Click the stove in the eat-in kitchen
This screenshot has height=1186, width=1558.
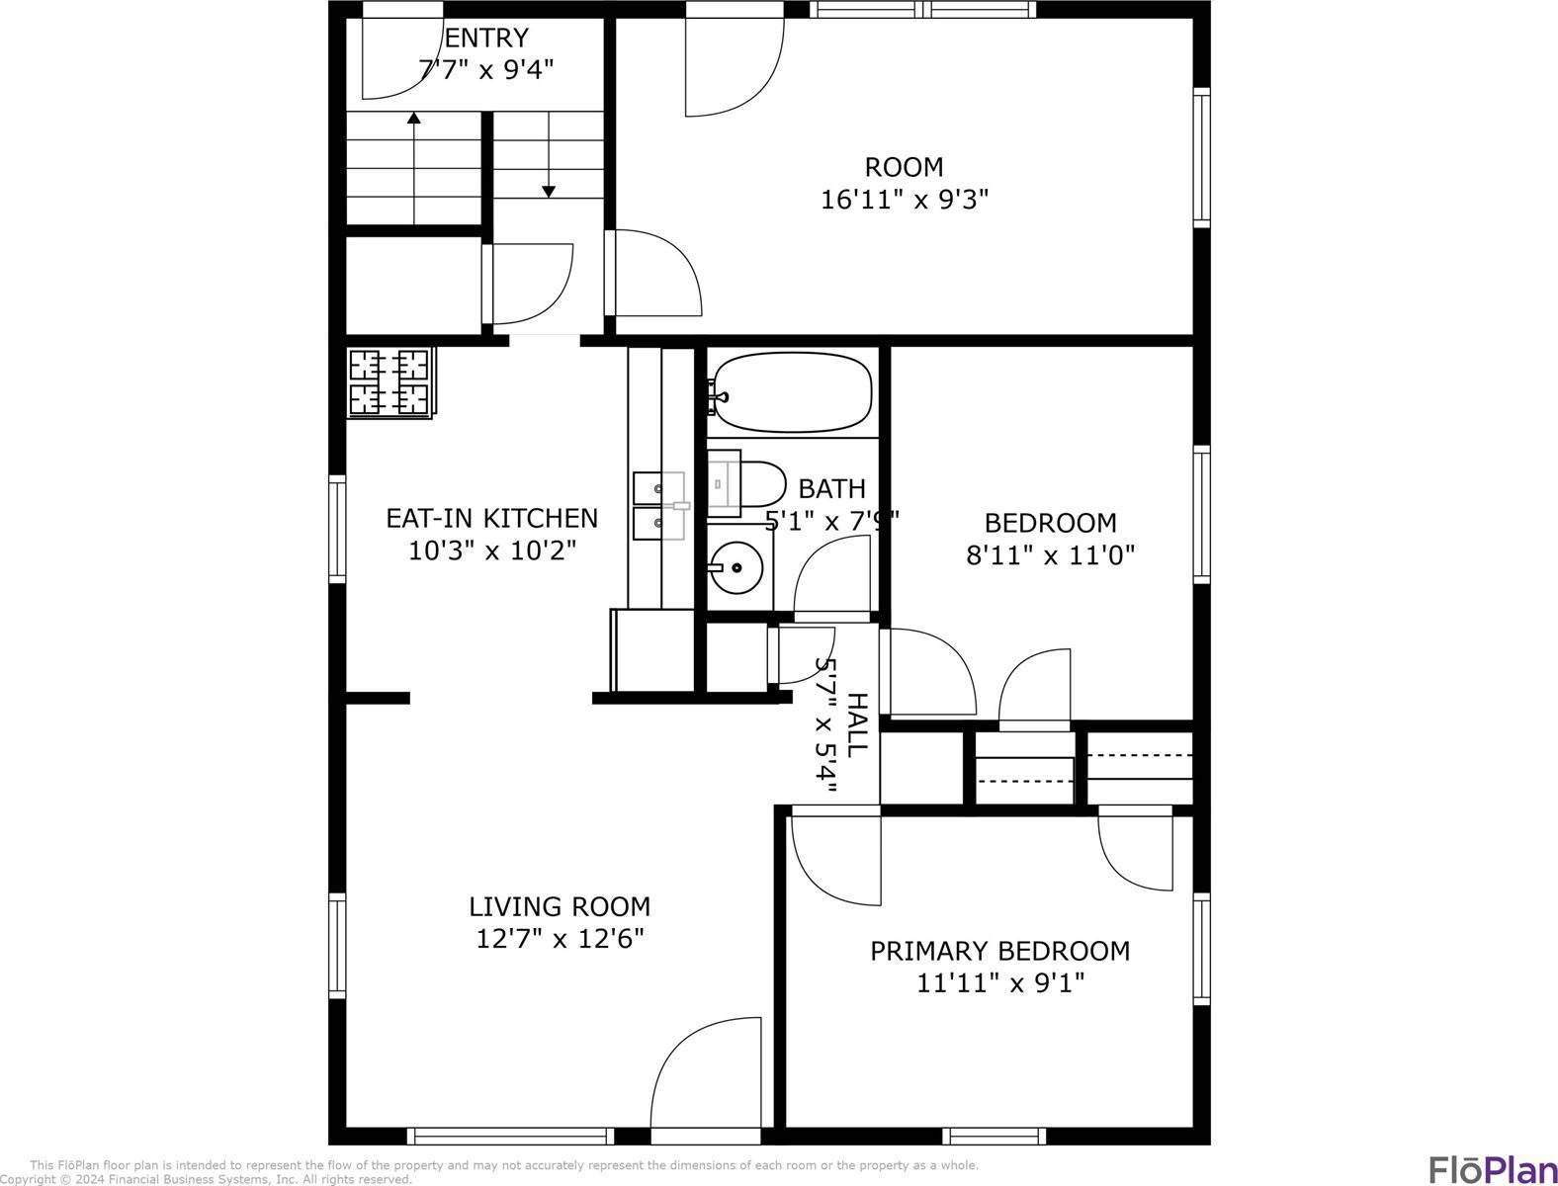(x=389, y=382)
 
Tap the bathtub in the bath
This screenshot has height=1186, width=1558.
(x=792, y=392)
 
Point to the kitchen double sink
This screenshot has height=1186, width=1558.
(x=658, y=505)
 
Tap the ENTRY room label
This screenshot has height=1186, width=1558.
(x=486, y=39)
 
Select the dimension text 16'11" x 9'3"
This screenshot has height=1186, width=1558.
(x=905, y=200)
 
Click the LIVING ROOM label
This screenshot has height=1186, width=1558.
(x=560, y=906)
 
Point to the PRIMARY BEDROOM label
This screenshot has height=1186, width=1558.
(x=999, y=951)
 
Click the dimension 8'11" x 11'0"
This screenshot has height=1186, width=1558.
(x=1050, y=555)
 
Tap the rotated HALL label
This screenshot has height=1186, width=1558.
(x=857, y=724)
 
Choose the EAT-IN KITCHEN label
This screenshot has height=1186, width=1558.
(x=491, y=518)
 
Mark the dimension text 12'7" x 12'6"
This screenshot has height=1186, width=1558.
(x=560, y=939)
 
